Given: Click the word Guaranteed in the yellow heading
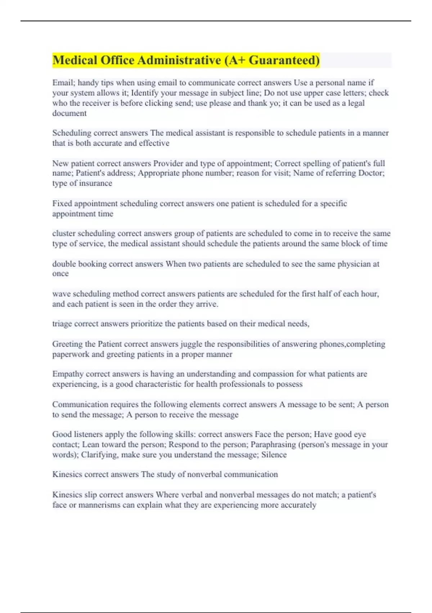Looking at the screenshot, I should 284,60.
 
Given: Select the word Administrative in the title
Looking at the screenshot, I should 179,60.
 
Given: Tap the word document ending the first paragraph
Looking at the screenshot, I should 69,113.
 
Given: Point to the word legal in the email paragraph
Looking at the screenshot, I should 356,103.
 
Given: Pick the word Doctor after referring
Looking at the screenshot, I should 371,173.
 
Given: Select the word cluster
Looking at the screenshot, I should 64,233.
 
